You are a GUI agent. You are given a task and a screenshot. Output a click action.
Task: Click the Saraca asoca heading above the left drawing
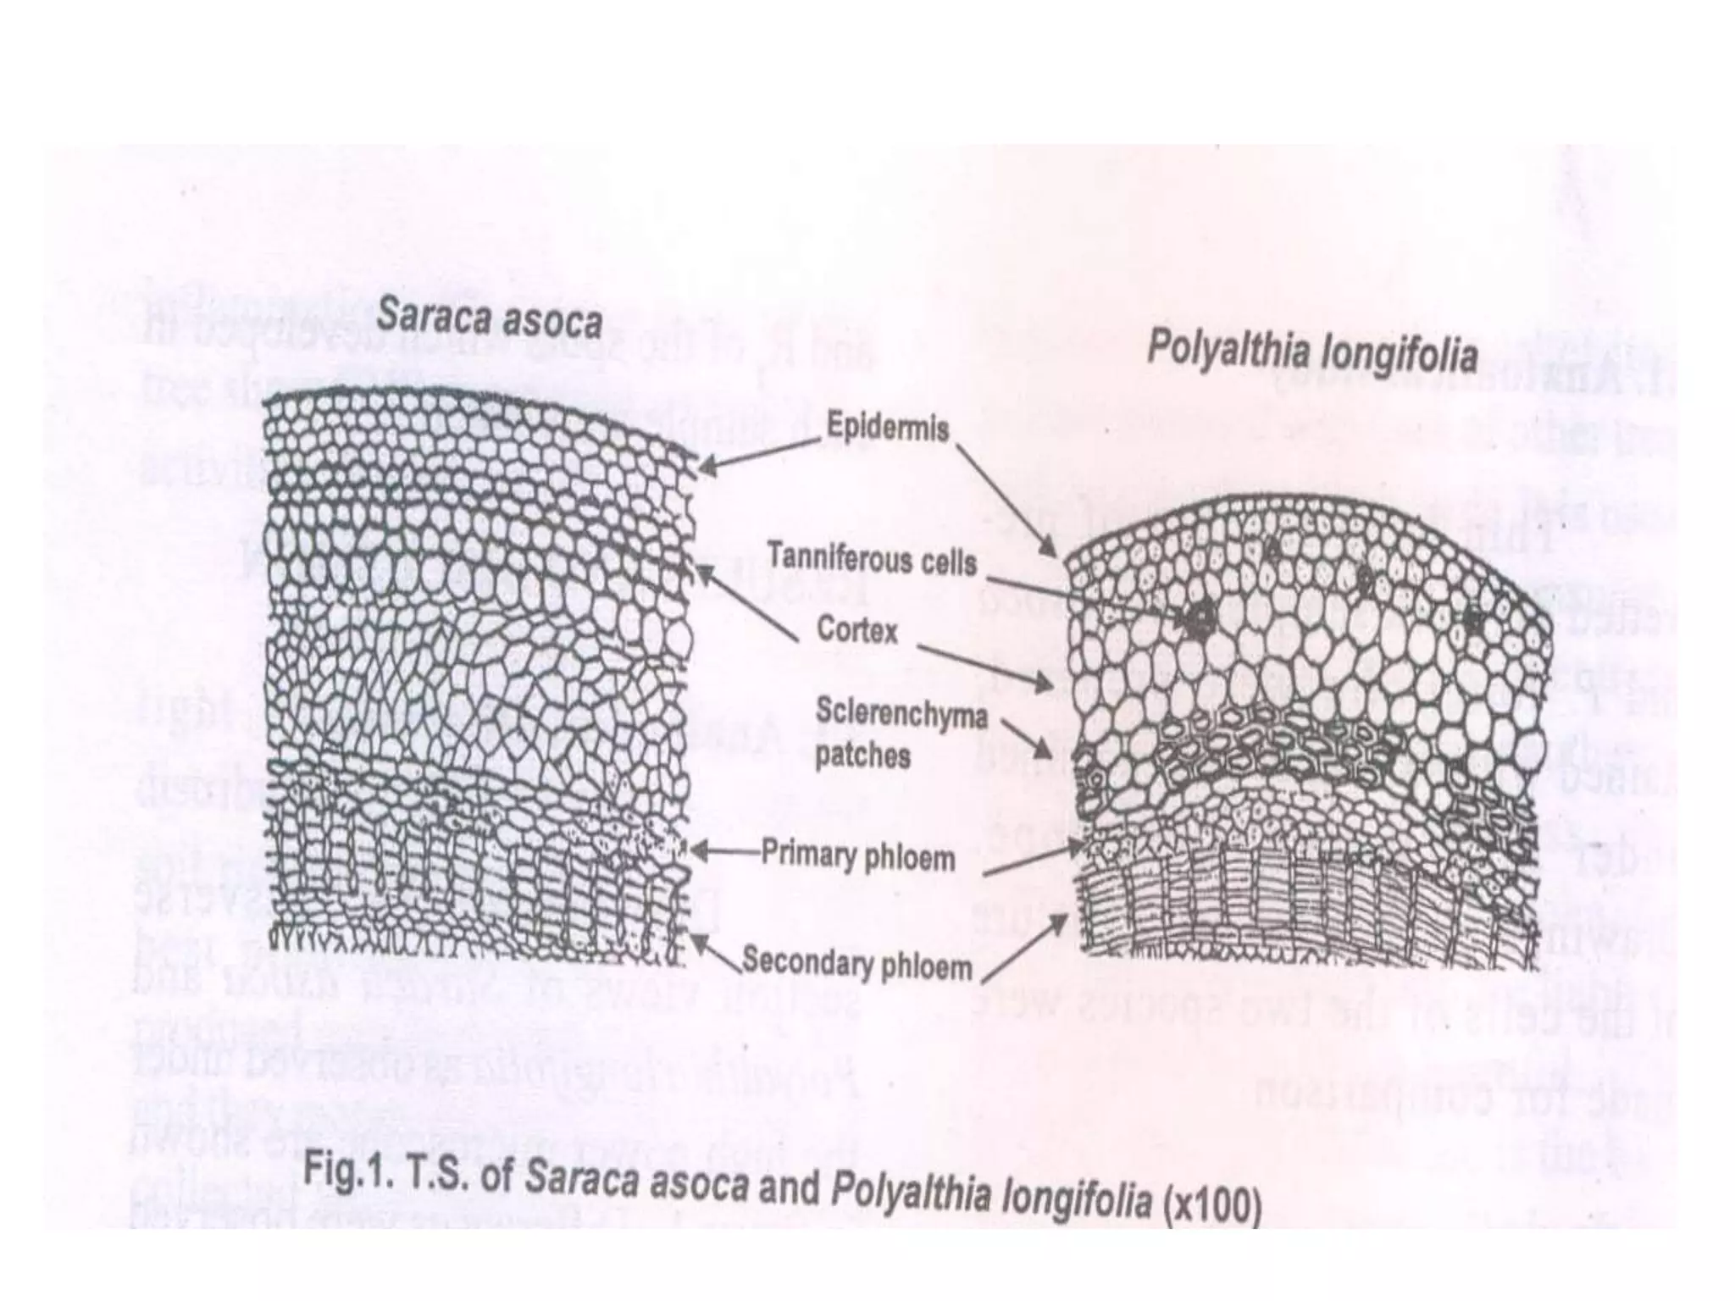[x=490, y=320]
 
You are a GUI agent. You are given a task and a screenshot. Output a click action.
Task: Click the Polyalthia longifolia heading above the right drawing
[x=1311, y=352]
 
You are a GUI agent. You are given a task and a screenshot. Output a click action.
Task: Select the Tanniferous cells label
[x=872, y=561]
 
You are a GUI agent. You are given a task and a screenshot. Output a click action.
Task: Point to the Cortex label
[x=856, y=630]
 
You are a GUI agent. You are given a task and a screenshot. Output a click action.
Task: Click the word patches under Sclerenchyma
[x=862, y=756]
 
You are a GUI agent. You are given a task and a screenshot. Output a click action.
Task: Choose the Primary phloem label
[x=858, y=855]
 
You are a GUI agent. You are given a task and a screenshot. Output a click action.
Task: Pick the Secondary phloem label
[x=857, y=965]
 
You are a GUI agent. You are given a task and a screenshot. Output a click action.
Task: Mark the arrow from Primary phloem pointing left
[x=724, y=851]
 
